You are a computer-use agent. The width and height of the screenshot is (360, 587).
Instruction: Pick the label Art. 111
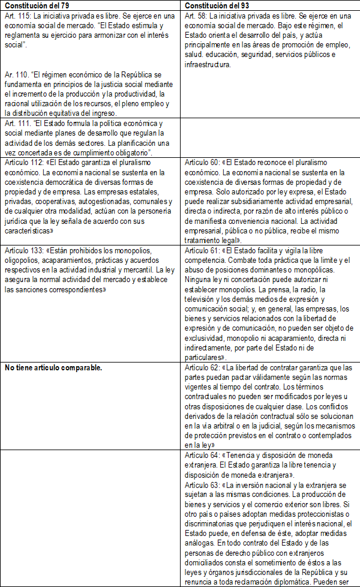click(x=16, y=123)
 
